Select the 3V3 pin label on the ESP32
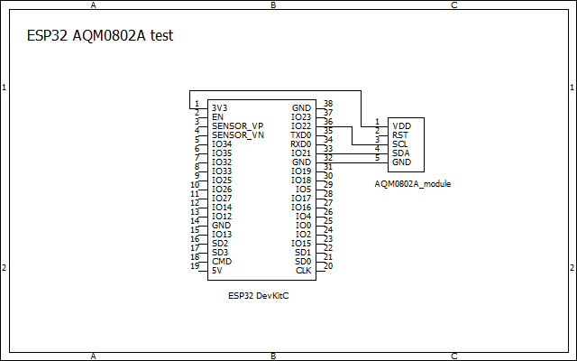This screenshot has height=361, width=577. tap(220, 107)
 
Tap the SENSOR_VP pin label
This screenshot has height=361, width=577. tap(238, 125)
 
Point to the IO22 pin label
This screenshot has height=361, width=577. tap(301, 125)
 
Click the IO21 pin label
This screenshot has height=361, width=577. tap(301, 153)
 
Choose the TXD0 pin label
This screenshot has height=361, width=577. tap(300, 134)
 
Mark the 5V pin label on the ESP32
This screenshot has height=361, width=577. tap(217, 270)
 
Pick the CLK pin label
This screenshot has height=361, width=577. tap(304, 270)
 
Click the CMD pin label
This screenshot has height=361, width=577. tap(222, 261)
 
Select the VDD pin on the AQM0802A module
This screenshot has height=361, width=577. tap(402, 125)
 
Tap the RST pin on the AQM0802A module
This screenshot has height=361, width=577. tap(401, 134)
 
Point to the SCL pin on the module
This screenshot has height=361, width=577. tap(401, 143)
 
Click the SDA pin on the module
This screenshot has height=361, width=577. tap(401, 153)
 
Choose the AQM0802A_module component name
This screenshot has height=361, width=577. tap(412, 183)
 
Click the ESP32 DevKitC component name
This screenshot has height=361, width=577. tap(259, 295)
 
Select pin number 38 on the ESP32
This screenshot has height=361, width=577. tap(328, 104)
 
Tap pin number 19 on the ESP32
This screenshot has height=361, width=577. tap(194, 266)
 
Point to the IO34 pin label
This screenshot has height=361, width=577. tap(222, 143)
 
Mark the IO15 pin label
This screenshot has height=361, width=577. tap(301, 243)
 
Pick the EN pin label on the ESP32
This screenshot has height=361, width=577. tap(217, 116)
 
